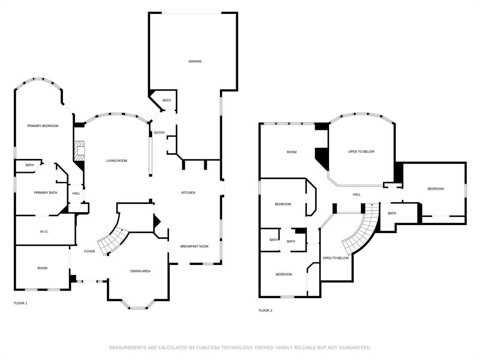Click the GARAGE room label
coord(195,61)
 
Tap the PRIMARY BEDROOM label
coord(43,126)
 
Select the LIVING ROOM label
coord(117,161)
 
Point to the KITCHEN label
coord(188,193)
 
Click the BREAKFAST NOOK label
coord(195,246)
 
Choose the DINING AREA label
coord(140,271)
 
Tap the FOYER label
coord(90,252)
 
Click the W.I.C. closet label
coord(45,232)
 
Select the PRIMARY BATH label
coord(45,193)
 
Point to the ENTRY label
coord(159,133)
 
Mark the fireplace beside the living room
coord(79,150)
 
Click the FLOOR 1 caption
coord(21,303)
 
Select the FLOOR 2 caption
coord(265,310)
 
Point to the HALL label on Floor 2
coord(357,194)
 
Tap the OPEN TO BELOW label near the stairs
coord(336,258)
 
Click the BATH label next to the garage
coord(167,101)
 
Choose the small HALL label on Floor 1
coord(76,193)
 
